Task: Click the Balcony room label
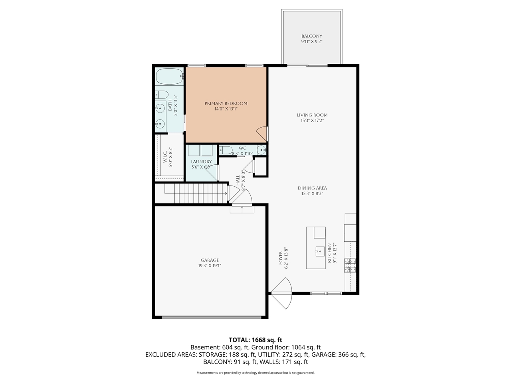tap(311, 36)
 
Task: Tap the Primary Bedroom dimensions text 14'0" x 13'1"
tap(226, 109)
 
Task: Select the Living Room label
tap(312, 115)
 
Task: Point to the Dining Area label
tap(312, 188)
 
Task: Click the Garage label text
tap(210, 260)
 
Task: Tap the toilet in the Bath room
tap(162, 95)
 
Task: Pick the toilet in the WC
tap(226, 150)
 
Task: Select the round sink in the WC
tap(261, 150)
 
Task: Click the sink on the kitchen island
tap(320, 251)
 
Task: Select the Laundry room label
tap(201, 162)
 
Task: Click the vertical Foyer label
tap(281, 258)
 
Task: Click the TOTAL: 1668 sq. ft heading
tap(255, 340)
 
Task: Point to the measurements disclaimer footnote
tap(255, 373)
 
